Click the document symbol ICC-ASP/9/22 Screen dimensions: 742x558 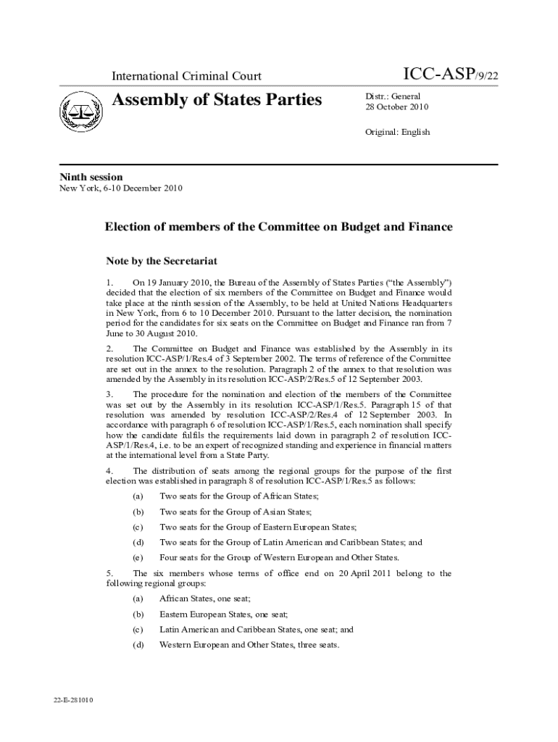pyautogui.click(x=450, y=74)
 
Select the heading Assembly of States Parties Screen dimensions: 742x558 pyautogui.click(x=217, y=99)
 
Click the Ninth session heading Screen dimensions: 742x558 pyautogui.click(x=91, y=177)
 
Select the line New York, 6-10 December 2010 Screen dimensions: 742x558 pyautogui.click(x=120, y=188)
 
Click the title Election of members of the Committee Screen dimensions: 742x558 pyautogui.click(x=278, y=227)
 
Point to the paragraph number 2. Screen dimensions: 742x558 pyautogui.click(x=109, y=349)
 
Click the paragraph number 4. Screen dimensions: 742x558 pyautogui.click(x=109, y=471)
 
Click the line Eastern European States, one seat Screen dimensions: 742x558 pyautogui.click(x=223, y=614)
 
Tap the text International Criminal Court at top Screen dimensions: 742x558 pyautogui.click(x=186, y=76)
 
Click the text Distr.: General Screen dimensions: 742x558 pyautogui.click(x=392, y=96)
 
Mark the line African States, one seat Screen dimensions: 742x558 pyautogui.click(x=204, y=599)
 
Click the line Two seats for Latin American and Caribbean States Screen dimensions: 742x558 pyautogui.click(x=291, y=542)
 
